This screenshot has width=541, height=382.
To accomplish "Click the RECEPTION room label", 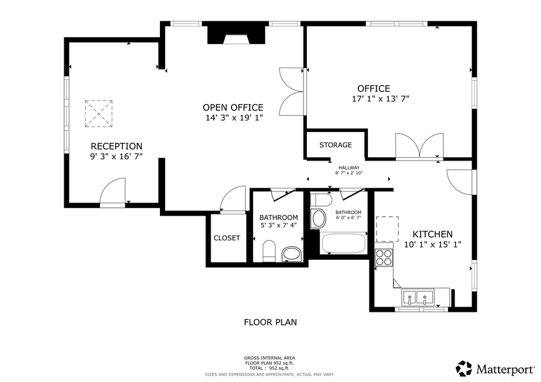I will pos(116,146).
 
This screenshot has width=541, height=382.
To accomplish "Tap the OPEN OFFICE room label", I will pos(233,108).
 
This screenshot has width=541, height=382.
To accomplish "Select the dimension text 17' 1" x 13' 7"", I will pos(380,99).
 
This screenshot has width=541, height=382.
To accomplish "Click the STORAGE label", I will pos(336,145).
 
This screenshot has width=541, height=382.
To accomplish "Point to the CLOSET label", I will pos(226,238).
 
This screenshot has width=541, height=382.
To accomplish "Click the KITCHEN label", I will pos(432,235).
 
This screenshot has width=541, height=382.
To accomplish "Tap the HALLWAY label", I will pos(349,168).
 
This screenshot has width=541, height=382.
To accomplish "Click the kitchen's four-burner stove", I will pos(384,257).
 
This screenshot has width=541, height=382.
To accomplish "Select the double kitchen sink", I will pos(418,298).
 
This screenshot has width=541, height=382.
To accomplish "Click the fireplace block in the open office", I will pos(237,34).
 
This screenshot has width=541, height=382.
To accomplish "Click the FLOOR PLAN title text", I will pos(270,322).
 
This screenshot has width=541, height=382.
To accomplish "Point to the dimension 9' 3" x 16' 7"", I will pos(116,157).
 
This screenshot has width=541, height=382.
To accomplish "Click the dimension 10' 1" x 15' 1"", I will pos(432,245).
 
